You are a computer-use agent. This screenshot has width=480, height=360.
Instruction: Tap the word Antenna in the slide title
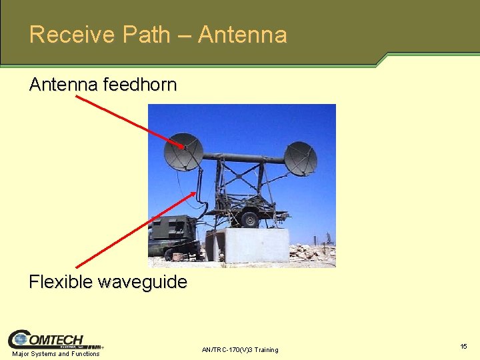(x=243, y=34)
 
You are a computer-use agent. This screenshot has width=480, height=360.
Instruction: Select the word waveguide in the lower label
(x=143, y=282)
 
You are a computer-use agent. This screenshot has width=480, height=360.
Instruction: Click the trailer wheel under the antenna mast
(x=250, y=219)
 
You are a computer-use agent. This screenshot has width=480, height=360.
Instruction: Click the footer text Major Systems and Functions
(x=56, y=354)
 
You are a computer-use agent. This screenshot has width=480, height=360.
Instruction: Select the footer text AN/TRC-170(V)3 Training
(x=240, y=349)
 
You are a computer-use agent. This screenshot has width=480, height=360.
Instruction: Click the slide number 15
(x=463, y=347)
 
